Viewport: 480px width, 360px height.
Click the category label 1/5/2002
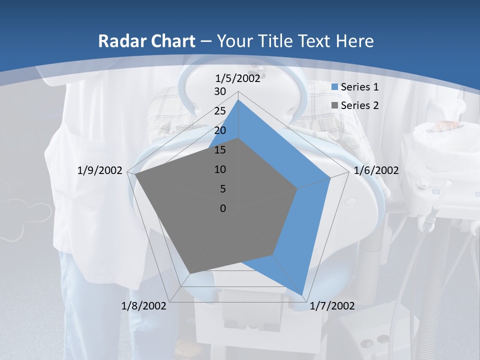pyautogui.click(x=238, y=78)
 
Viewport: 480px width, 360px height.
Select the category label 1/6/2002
pyautogui.click(x=376, y=170)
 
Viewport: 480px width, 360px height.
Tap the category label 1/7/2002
pyautogui.click(x=332, y=306)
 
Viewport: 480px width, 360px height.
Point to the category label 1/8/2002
pyautogui.click(x=143, y=306)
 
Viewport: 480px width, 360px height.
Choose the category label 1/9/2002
pyautogui.click(x=100, y=170)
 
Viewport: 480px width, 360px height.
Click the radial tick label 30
pyautogui.click(x=220, y=91)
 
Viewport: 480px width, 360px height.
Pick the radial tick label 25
pyautogui.click(x=220, y=111)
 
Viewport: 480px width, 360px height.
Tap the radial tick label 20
pyautogui.click(x=220, y=130)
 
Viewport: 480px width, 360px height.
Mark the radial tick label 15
pyautogui.click(x=220, y=150)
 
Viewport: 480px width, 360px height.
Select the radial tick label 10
pyautogui.click(x=220, y=169)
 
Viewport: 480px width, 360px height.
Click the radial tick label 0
pyautogui.click(x=223, y=208)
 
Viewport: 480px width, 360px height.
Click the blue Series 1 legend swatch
pyautogui.click(x=335, y=87)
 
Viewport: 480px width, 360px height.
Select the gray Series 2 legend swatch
pyautogui.click(x=335, y=105)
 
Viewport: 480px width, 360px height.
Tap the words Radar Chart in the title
pyautogui.click(x=146, y=41)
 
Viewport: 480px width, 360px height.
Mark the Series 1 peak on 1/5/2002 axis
pyautogui.click(x=238, y=100)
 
